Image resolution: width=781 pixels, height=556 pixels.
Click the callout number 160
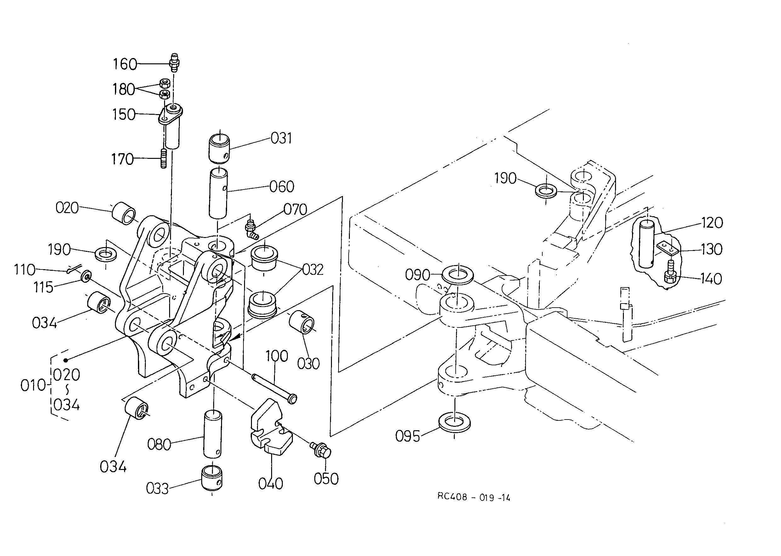point(125,64)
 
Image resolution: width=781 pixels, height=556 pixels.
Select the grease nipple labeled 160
point(174,62)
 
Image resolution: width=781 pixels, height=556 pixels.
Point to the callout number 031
point(281,139)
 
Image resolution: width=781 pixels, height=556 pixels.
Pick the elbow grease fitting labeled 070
point(252,230)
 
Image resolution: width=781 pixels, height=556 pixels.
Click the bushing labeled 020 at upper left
point(124,213)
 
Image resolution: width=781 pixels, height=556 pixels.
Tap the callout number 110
point(24,270)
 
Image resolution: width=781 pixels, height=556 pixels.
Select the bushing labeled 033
point(211,478)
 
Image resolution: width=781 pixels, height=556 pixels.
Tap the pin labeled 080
point(213,434)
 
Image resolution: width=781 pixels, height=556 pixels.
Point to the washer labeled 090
point(458,275)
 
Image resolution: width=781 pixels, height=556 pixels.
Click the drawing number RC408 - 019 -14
point(474,497)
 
